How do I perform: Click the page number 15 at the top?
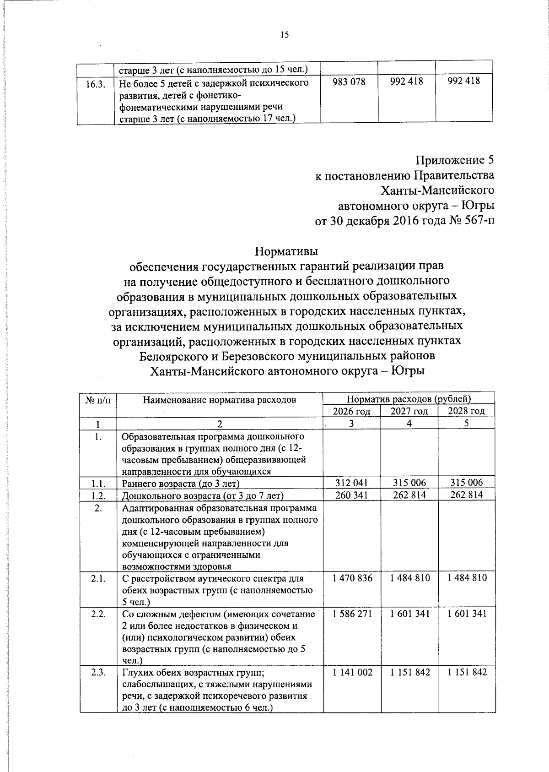[285, 35]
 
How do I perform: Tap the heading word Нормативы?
[286, 251]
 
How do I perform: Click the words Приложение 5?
[455, 160]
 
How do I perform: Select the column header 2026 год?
[351, 411]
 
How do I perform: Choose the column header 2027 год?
[409, 411]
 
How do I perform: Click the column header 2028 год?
[466, 411]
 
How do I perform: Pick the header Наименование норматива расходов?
[220, 400]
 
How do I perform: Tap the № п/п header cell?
[98, 400]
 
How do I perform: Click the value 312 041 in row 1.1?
[351, 483]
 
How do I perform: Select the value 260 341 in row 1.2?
[351, 495]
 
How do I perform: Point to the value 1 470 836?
[352, 578]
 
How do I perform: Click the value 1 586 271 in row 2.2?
[352, 614]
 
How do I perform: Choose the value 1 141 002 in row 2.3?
[352, 672]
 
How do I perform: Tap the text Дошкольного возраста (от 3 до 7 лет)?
[203, 495]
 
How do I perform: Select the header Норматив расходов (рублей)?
[409, 399]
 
